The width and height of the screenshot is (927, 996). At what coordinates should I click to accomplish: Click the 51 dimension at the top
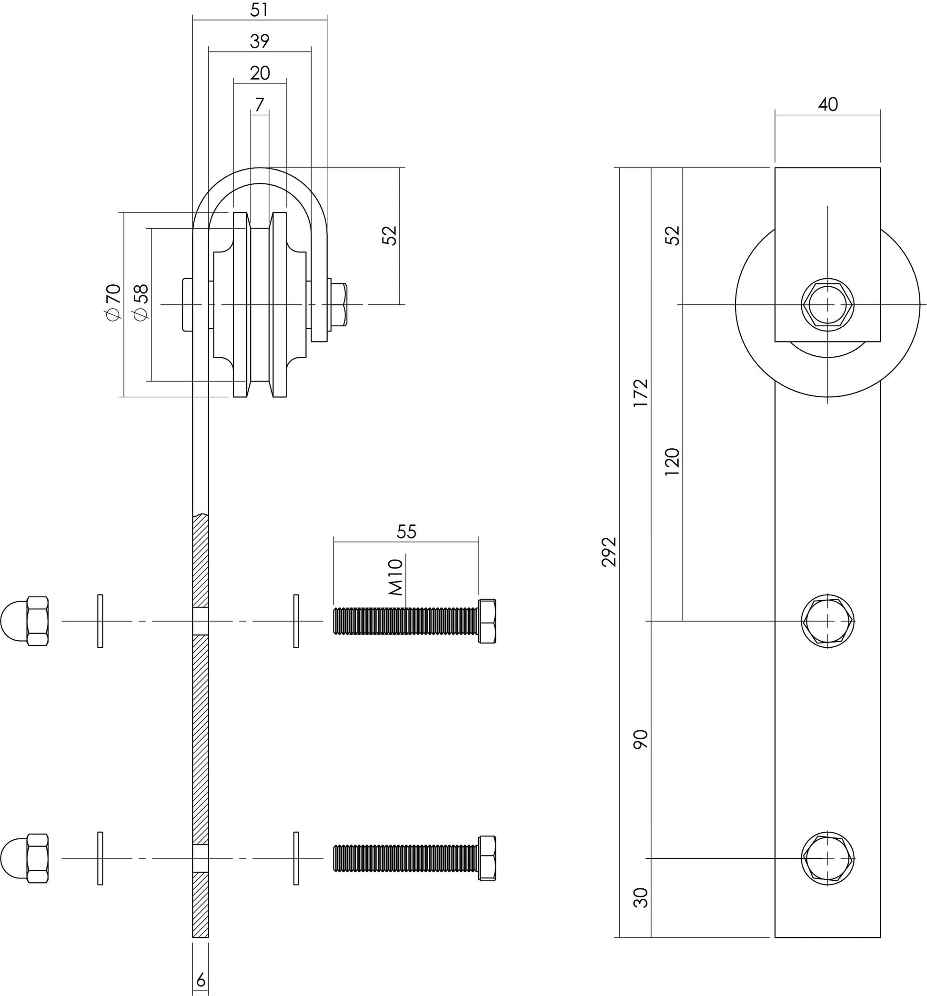(259, 10)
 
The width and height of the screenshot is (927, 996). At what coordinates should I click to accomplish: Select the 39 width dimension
(259, 41)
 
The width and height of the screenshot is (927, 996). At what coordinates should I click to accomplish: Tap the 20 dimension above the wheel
(260, 73)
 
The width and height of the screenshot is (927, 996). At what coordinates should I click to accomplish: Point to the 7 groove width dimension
(259, 105)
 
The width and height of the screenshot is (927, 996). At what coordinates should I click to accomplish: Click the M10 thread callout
(396, 577)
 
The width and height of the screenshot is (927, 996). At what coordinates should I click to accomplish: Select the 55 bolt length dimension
(406, 532)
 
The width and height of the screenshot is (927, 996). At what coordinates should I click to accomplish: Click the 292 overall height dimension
(609, 552)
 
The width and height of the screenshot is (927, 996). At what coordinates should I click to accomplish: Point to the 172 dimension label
(640, 393)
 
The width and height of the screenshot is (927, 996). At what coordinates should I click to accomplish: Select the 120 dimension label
(672, 462)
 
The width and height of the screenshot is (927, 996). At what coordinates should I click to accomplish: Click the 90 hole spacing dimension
(640, 739)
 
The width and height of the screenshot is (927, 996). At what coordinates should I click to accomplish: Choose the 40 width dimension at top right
(827, 104)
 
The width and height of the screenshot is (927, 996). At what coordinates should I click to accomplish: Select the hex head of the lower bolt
(487, 858)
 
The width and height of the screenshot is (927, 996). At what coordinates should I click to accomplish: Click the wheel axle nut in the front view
(827, 305)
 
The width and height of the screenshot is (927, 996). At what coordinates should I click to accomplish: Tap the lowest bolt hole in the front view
(827, 858)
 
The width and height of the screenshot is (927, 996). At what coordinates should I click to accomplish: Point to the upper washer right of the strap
(296, 621)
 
